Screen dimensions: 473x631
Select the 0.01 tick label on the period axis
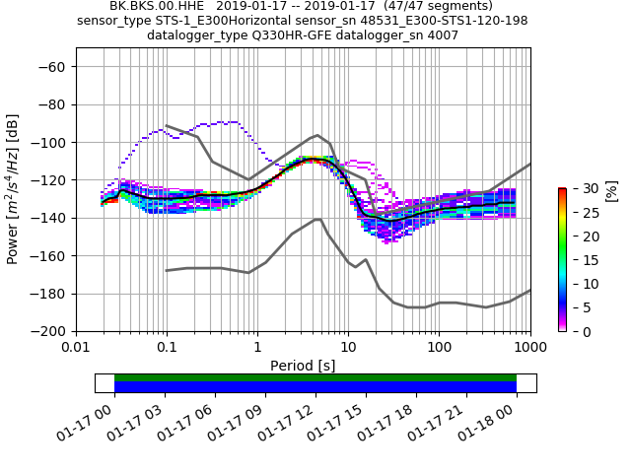tap(76, 348)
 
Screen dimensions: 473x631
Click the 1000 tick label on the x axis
tap(529, 348)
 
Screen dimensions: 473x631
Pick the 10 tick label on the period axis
tap(348, 348)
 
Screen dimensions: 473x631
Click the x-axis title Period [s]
tap(303, 366)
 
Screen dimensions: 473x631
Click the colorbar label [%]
tap(611, 190)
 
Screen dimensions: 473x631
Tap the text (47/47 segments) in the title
tap(436, 6)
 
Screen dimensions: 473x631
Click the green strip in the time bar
tap(315, 377)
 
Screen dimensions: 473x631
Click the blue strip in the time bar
tap(315, 387)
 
